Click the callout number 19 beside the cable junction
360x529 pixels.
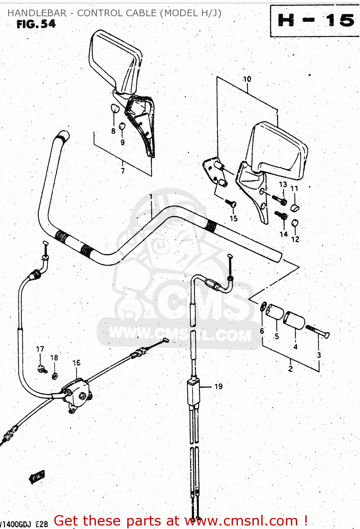[x=218, y=387]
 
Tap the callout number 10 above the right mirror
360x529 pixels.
[x=247, y=79]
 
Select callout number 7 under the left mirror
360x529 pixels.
[x=123, y=171]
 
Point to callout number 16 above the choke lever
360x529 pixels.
[x=77, y=363]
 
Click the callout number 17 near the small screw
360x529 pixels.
[x=40, y=349]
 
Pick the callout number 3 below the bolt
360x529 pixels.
[x=319, y=355]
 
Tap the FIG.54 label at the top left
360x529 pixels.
[x=36, y=24]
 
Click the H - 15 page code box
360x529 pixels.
[x=315, y=21]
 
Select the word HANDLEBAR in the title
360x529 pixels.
[x=37, y=13]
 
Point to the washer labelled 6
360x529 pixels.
[x=263, y=306]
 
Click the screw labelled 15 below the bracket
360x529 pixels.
[x=231, y=203]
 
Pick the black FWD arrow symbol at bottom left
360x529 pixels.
[x=37, y=477]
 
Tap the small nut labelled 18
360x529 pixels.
[x=55, y=376]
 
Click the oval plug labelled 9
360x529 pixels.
[x=121, y=126]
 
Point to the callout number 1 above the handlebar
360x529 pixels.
[x=151, y=197]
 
